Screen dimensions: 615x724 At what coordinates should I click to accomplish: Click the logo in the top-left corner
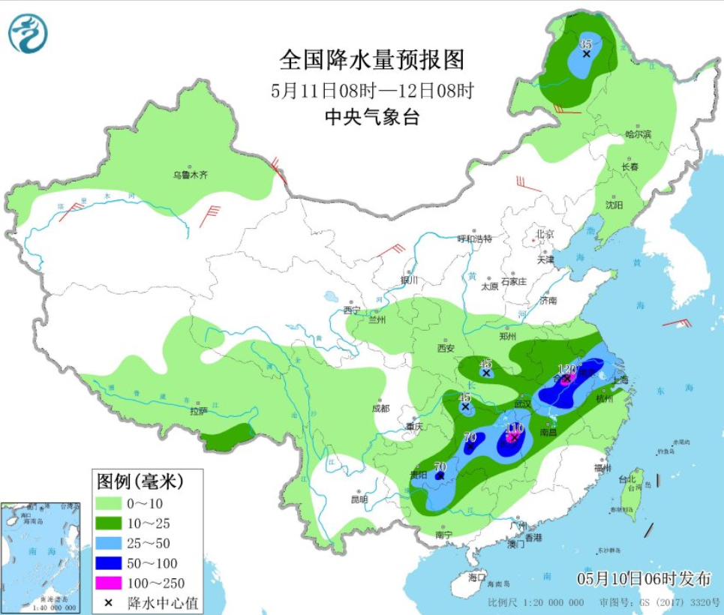click(28, 34)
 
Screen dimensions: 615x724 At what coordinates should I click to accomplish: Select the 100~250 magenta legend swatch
click(110, 583)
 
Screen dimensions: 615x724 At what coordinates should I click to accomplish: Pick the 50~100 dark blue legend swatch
click(110, 563)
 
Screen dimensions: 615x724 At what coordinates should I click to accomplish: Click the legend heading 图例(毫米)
click(138, 479)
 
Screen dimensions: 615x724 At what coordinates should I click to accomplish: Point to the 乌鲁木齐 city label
click(190, 175)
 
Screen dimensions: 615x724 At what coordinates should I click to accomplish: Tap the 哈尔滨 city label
click(638, 134)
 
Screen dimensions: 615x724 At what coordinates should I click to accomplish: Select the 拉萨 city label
click(198, 411)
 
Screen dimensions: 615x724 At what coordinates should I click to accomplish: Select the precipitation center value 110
click(514, 428)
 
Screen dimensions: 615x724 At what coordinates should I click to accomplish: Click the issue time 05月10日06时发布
click(643, 578)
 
